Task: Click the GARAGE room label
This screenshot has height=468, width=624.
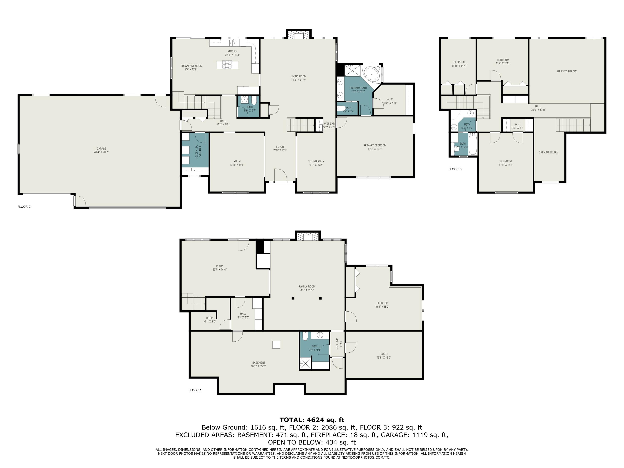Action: point(101,149)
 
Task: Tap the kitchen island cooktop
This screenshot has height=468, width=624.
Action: point(227,65)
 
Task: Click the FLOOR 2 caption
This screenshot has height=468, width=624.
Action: point(24,207)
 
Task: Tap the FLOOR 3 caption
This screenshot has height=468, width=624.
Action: point(455,169)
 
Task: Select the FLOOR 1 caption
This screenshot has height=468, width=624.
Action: point(195,390)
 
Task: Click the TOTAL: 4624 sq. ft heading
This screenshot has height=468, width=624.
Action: point(312,420)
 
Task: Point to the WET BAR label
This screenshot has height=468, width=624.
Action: point(329,124)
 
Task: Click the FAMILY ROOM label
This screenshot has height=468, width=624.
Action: point(307,287)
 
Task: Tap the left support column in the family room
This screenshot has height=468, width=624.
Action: point(293,298)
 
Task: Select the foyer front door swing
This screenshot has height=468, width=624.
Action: point(280,175)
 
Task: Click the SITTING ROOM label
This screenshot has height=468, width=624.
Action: point(316,161)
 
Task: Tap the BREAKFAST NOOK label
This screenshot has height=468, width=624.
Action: point(191,66)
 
